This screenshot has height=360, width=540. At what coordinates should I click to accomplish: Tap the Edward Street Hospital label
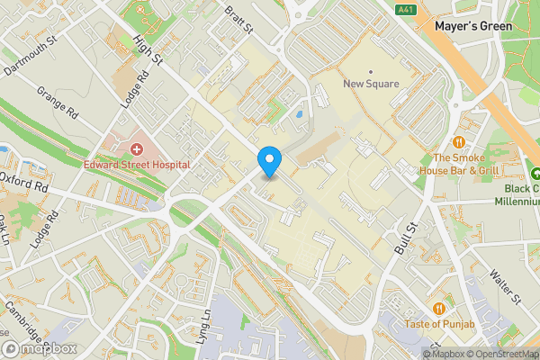click(137, 165)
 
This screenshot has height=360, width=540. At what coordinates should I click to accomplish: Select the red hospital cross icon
click(137, 148)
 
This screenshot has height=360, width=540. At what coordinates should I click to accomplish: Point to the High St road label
click(145, 49)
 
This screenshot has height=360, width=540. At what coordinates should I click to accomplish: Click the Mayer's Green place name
click(473, 26)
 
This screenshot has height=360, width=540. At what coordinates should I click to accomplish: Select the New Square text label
click(370, 85)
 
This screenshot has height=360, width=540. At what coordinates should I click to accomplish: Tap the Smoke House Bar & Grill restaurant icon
click(459, 141)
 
